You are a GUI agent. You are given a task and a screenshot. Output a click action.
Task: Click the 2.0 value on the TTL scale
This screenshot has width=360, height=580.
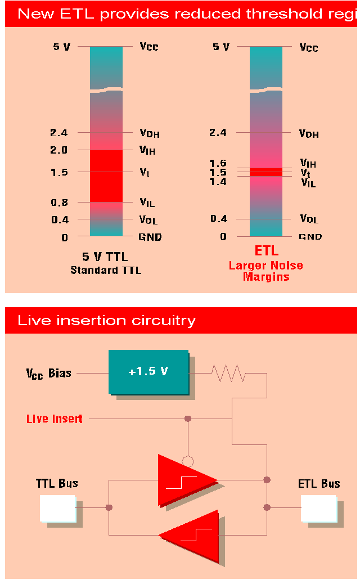(59, 150)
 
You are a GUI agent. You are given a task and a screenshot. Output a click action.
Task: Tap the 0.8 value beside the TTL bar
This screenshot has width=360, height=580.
(59, 203)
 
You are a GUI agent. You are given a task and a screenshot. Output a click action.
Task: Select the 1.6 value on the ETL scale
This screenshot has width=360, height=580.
(218, 163)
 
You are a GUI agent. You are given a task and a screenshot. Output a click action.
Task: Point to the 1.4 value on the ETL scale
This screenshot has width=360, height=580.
(218, 181)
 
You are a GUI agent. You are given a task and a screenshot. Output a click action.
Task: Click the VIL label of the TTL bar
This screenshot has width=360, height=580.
(147, 203)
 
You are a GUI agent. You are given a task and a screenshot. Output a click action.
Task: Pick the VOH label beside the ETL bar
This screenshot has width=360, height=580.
(309, 134)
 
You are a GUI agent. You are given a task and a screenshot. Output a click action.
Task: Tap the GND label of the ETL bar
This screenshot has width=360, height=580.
(310, 237)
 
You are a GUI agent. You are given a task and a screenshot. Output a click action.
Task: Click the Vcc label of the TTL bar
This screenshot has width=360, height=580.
(149, 46)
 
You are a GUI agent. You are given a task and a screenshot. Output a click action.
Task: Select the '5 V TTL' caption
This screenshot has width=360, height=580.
(105, 257)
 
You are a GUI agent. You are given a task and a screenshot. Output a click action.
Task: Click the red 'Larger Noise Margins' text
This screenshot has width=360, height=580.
(266, 271)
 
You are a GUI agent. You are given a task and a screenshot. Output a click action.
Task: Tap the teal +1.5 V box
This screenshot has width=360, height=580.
(149, 372)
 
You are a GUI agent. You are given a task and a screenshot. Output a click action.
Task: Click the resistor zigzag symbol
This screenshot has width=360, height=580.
(228, 372)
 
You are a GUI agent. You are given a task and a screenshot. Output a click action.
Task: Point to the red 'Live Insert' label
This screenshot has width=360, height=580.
(55, 419)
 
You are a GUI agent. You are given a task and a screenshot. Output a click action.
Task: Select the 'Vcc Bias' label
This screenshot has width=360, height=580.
(49, 373)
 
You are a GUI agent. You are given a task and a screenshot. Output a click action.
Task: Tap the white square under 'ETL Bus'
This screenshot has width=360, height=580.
(318, 508)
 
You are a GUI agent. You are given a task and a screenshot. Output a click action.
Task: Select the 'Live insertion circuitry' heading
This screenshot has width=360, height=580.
(107, 321)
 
